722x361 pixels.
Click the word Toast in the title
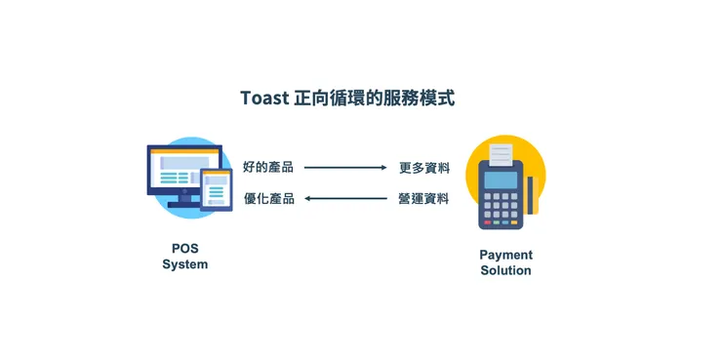[263, 99]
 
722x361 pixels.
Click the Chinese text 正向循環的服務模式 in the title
[374, 99]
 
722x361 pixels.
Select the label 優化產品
[268, 199]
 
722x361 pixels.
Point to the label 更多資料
[424, 167]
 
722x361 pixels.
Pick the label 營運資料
[424, 199]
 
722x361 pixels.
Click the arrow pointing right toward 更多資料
[345, 167]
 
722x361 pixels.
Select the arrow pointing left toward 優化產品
[345, 199]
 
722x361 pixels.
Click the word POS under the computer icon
[184, 249]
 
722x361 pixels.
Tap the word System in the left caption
[184, 264]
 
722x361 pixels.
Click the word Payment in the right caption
[505, 255]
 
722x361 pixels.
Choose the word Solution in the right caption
[505, 270]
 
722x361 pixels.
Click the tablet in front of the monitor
[217, 189]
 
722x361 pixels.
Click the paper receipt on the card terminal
[501, 154]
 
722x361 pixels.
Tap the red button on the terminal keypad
[487, 222]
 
